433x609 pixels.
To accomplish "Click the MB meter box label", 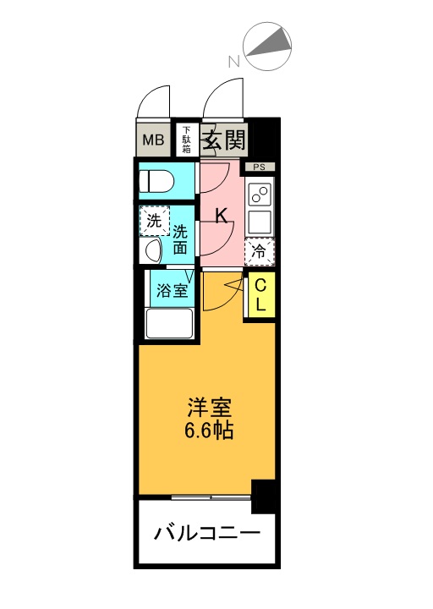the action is [x=153, y=140].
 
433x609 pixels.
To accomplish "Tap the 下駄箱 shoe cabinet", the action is [x=187, y=140].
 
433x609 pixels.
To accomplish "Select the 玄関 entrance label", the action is [x=225, y=140].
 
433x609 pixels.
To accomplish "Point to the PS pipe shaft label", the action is [x=260, y=167].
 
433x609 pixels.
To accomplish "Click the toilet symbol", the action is [x=156, y=181].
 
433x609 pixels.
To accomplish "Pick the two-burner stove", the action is [x=260, y=195].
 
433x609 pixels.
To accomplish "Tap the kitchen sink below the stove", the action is [x=260, y=222].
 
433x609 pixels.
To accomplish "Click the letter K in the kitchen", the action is [x=222, y=216].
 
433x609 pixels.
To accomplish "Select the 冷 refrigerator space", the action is [x=260, y=252].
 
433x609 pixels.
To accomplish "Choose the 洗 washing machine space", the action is [x=155, y=221].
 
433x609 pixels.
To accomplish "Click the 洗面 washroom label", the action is [x=180, y=239].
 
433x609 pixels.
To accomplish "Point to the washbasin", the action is [x=151, y=250].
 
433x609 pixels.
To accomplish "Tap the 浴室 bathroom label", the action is [x=172, y=290].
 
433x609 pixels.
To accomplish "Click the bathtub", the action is [x=169, y=323].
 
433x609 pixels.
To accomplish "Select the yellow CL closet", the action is [x=260, y=296].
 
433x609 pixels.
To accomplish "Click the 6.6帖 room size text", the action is [x=209, y=431].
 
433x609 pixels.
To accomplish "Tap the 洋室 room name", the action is [x=210, y=408].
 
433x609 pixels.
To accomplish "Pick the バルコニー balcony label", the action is [x=207, y=534].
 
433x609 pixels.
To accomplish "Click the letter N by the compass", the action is [x=233, y=62].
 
